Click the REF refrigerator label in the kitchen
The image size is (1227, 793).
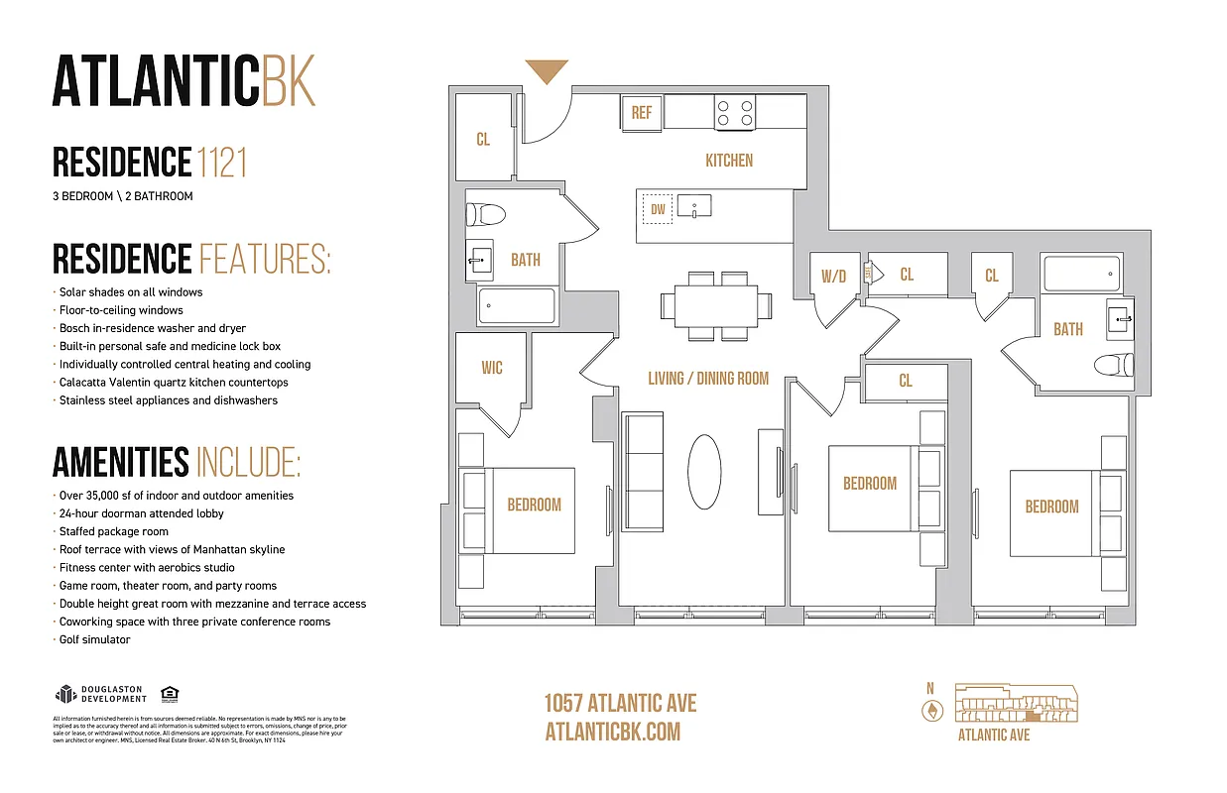(x=642, y=113)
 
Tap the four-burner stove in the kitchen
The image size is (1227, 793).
(x=735, y=112)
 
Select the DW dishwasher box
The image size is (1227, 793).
(x=658, y=209)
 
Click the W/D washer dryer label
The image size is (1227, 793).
(x=834, y=276)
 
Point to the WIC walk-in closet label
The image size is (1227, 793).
(x=492, y=368)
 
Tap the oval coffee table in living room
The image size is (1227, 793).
(x=705, y=472)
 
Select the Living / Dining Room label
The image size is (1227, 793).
(x=708, y=379)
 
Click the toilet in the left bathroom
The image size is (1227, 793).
(x=486, y=213)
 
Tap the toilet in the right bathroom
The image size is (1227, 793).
(x=1114, y=365)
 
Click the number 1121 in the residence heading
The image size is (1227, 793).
(x=221, y=162)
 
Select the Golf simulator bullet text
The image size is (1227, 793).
(x=94, y=639)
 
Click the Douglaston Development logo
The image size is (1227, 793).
(x=99, y=694)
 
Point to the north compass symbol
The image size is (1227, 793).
(x=930, y=710)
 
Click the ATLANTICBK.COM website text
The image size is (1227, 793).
(x=613, y=732)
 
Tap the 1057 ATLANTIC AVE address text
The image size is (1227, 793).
(x=620, y=704)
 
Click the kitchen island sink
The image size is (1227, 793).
(x=695, y=208)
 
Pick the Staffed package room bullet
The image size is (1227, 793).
(x=113, y=531)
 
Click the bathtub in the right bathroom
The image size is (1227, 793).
(x=1081, y=274)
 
